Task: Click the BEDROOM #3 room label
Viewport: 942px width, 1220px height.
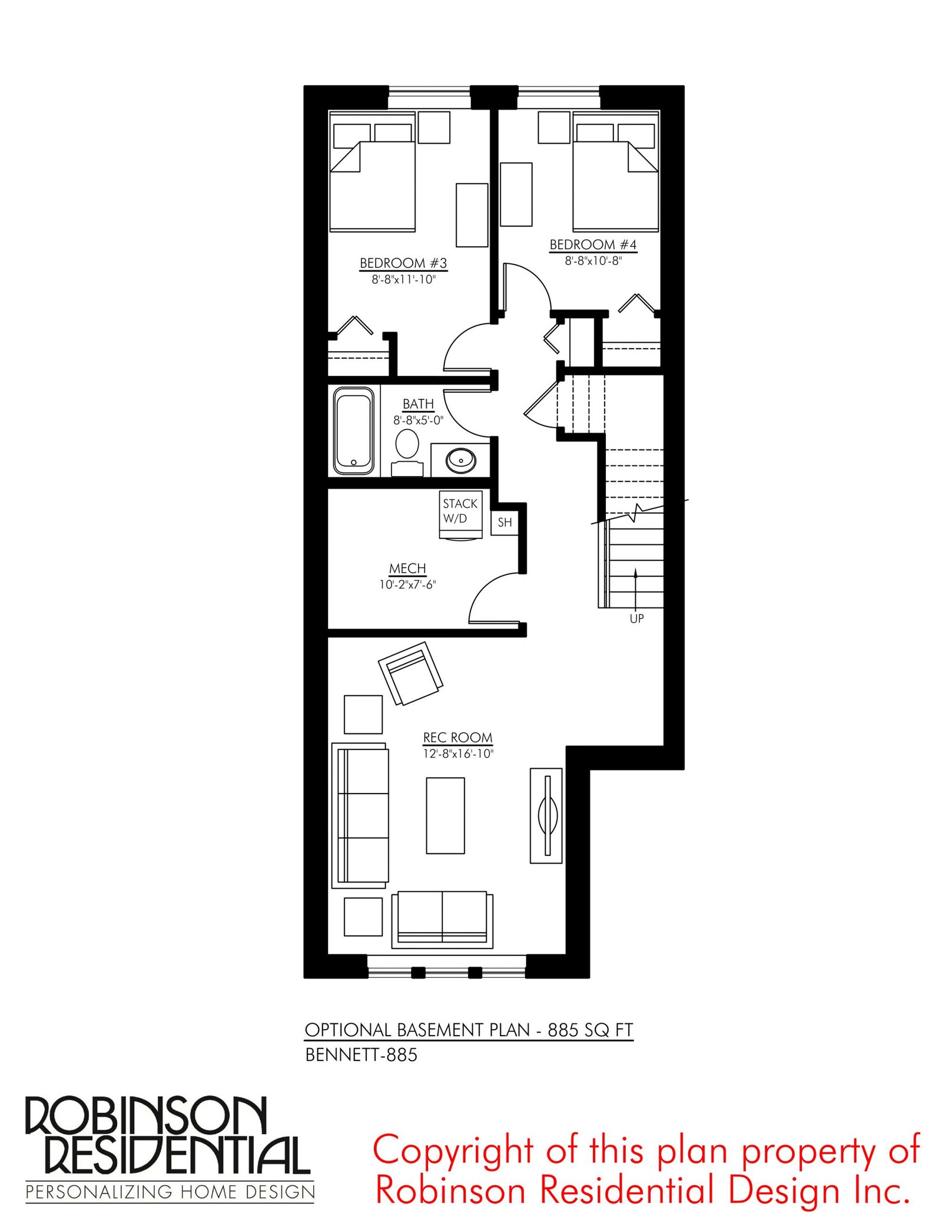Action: coord(403,263)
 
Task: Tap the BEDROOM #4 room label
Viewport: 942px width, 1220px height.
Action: coord(593,244)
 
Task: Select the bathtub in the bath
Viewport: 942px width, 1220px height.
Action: coord(353,431)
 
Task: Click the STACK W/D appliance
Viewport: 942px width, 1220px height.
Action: coord(460,514)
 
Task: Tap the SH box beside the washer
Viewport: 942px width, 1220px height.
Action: coord(505,523)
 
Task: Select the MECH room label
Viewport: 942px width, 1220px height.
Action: coord(407,568)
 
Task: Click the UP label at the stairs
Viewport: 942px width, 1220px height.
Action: coord(636,619)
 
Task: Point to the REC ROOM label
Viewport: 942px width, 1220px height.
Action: coord(457,738)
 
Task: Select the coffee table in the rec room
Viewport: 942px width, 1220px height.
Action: coord(445,815)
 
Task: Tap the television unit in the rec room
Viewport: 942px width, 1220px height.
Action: coord(546,815)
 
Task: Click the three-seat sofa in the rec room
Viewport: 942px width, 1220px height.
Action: coord(360,815)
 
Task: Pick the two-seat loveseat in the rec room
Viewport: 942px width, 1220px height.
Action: coord(442,920)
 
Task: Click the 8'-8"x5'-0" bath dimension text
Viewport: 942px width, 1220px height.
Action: coord(418,421)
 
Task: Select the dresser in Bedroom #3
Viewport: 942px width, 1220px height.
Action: coord(472,215)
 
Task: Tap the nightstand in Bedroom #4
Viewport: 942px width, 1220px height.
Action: coord(553,128)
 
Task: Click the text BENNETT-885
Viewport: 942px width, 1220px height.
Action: coord(361,1054)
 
